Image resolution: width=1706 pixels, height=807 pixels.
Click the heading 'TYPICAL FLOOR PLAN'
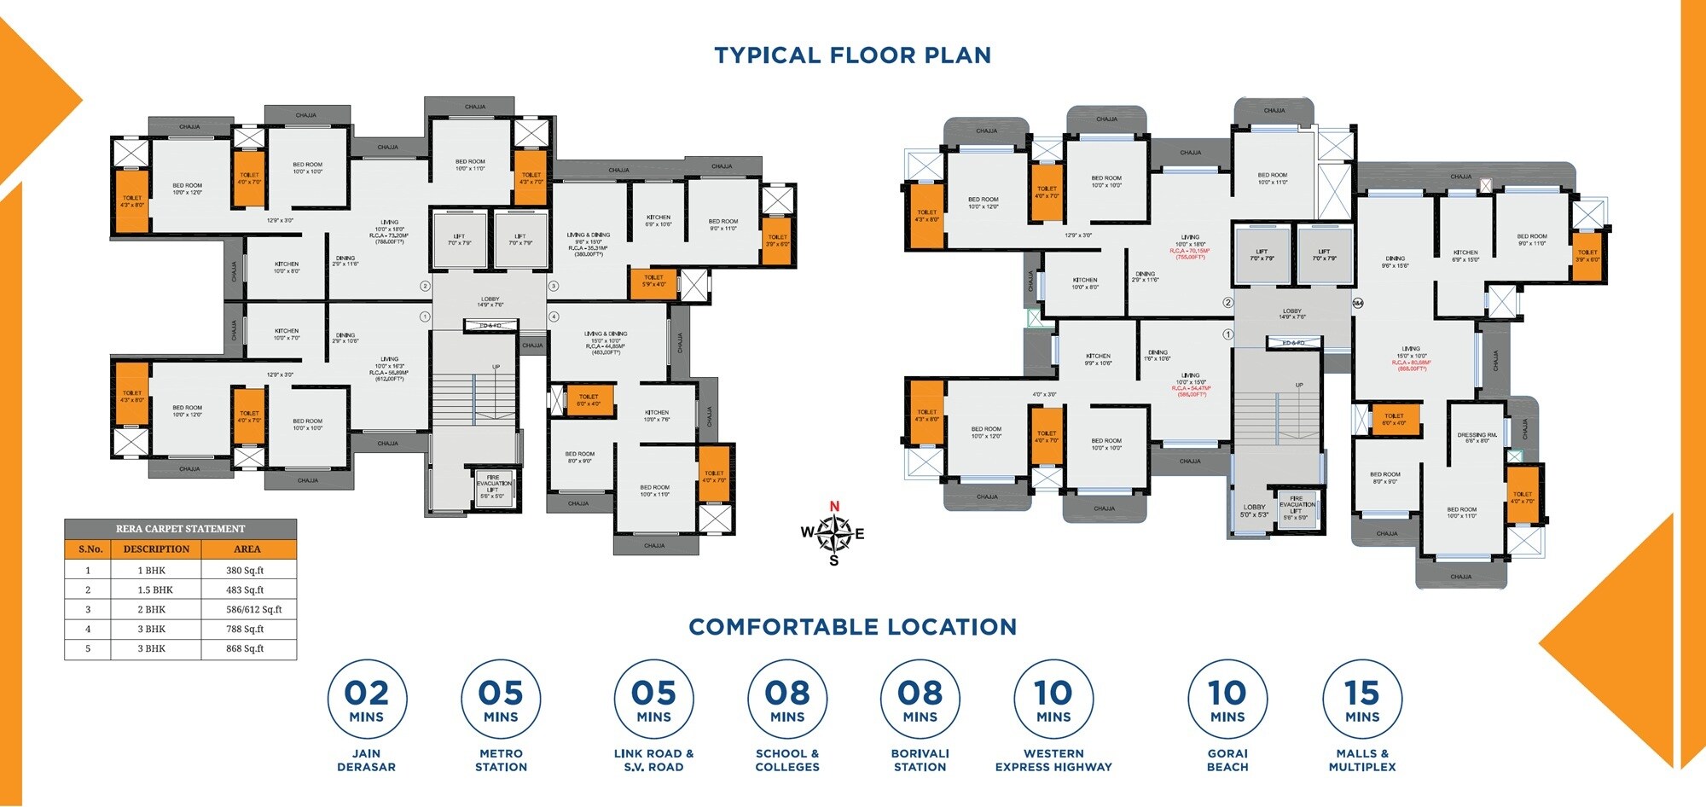pyautogui.click(x=852, y=55)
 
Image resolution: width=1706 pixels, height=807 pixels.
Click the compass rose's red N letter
pyautogui.click(x=834, y=507)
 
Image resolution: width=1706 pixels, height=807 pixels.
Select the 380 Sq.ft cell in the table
pyautogui.click(x=245, y=571)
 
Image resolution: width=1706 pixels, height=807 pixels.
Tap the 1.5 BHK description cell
pyautogui.click(x=155, y=590)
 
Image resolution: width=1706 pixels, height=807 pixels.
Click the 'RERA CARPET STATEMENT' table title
pyautogui.click(x=180, y=529)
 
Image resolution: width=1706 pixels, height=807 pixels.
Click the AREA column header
pyautogui.click(x=247, y=549)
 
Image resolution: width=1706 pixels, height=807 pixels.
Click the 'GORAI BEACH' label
pyautogui.click(x=1227, y=760)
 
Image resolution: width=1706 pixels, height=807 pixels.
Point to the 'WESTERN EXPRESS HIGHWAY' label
pyautogui.click(x=1053, y=760)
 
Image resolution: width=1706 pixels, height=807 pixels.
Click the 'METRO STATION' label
pyautogui.click(x=501, y=760)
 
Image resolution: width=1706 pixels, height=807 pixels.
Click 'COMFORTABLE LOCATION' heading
pyautogui.click(x=852, y=627)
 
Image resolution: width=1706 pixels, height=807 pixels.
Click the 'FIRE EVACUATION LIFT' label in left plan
pyautogui.click(x=493, y=484)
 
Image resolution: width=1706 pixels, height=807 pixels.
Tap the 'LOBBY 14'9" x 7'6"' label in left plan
pyautogui.click(x=490, y=302)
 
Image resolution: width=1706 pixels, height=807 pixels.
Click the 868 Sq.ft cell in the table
pyautogui.click(x=245, y=649)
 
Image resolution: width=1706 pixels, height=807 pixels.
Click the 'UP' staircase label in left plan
pyautogui.click(x=496, y=368)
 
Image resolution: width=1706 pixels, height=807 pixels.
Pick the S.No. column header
pyautogui.click(x=90, y=549)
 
